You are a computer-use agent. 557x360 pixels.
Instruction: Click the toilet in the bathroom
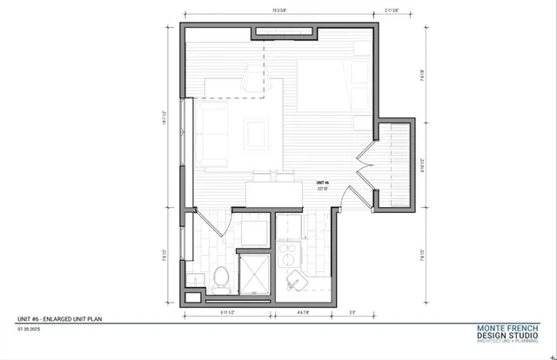point(222,277)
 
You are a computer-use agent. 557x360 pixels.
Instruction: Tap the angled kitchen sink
point(296,279)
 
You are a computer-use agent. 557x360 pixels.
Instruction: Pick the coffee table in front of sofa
point(255,133)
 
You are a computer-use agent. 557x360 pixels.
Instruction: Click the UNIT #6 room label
point(323,181)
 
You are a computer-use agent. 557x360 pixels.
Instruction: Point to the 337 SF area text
point(323,187)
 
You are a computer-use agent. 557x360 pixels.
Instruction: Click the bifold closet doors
point(366,162)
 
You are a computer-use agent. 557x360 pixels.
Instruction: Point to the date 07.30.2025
point(29,330)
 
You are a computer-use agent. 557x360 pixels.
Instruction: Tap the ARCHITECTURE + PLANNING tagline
point(513,342)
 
